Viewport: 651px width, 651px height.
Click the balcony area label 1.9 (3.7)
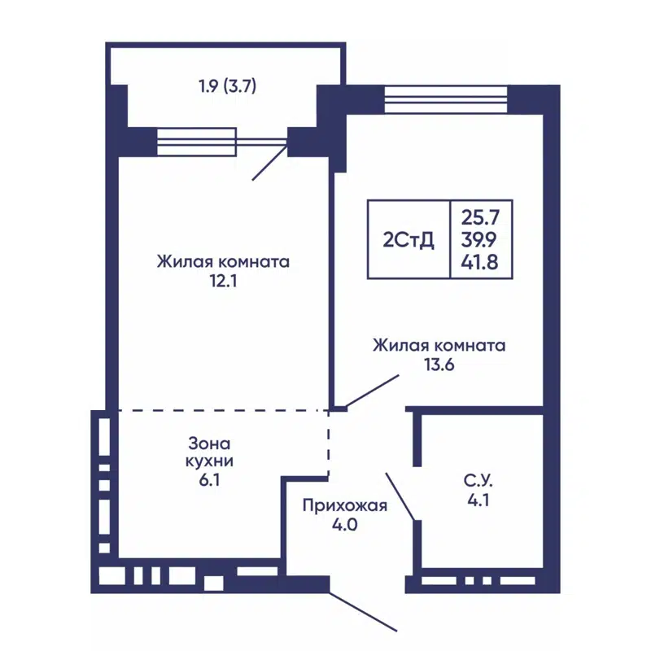point(228,85)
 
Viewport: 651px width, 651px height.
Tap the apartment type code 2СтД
point(409,240)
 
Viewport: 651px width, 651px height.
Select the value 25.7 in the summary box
point(480,217)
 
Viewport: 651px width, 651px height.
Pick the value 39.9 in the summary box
point(480,240)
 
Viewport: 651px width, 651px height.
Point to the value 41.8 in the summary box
point(480,262)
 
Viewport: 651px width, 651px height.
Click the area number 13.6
point(439,365)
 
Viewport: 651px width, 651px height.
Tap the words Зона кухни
point(210,452)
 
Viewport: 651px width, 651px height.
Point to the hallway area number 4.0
point(344,525)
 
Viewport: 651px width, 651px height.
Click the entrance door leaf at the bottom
point(363,610)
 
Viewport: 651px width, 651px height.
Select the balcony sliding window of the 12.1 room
point(197,142)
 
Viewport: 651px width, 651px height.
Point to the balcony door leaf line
point(269,163)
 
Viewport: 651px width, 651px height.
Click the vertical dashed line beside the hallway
point(329,443)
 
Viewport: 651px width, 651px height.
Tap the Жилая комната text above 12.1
point(224,263)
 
